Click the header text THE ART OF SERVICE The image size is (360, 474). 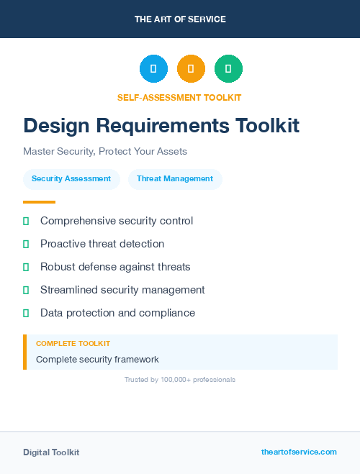[180, 19]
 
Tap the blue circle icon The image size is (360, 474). [153, 69]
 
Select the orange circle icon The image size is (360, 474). [191, 69]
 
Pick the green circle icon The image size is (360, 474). [228, 69]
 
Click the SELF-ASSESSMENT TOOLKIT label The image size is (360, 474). [179, 97]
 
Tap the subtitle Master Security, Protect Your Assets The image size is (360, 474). [105, 152]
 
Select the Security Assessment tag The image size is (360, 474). [71, 178]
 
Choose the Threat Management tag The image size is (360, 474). [175, 178]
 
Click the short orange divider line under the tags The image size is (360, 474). [39, 202]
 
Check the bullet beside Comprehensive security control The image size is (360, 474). [26, 222]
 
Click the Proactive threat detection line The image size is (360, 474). [102, 244]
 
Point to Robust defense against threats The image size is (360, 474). [115, 267]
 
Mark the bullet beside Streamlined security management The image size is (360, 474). [26, 290]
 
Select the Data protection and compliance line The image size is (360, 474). [117, 313]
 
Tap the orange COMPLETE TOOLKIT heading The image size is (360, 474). [73, 344]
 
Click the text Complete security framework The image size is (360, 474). [97, 359]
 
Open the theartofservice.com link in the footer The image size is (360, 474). [299, 452]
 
